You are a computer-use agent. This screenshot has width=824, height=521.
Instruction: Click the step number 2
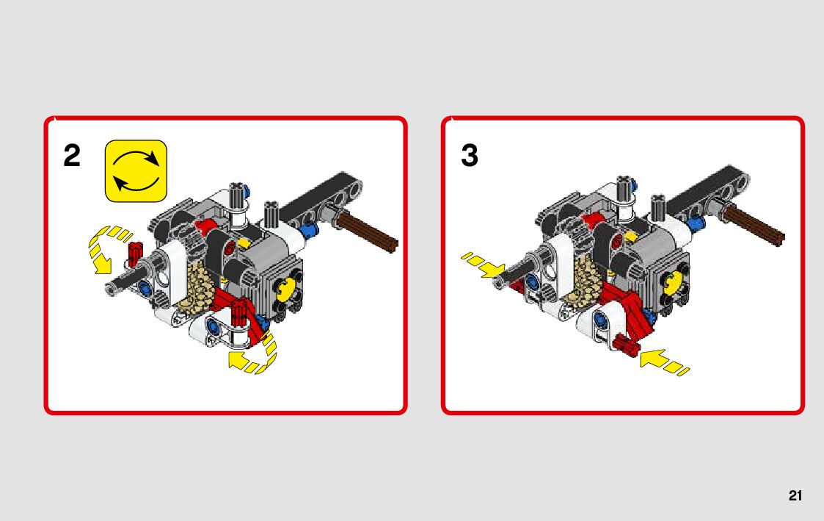pos(72,156)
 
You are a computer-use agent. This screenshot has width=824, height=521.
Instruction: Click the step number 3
pos(470,156)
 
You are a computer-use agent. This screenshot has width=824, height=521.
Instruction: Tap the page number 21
pos(795,496)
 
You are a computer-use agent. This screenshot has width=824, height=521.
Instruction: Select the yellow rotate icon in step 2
pos(136,171)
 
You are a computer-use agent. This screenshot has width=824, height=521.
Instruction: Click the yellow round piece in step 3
pos(674,284)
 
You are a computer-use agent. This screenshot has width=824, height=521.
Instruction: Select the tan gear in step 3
pos(588,279)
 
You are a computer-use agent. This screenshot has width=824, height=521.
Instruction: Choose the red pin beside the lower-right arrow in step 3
pos(626,344)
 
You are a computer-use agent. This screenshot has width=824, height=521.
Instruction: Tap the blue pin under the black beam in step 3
pos(695,223)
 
